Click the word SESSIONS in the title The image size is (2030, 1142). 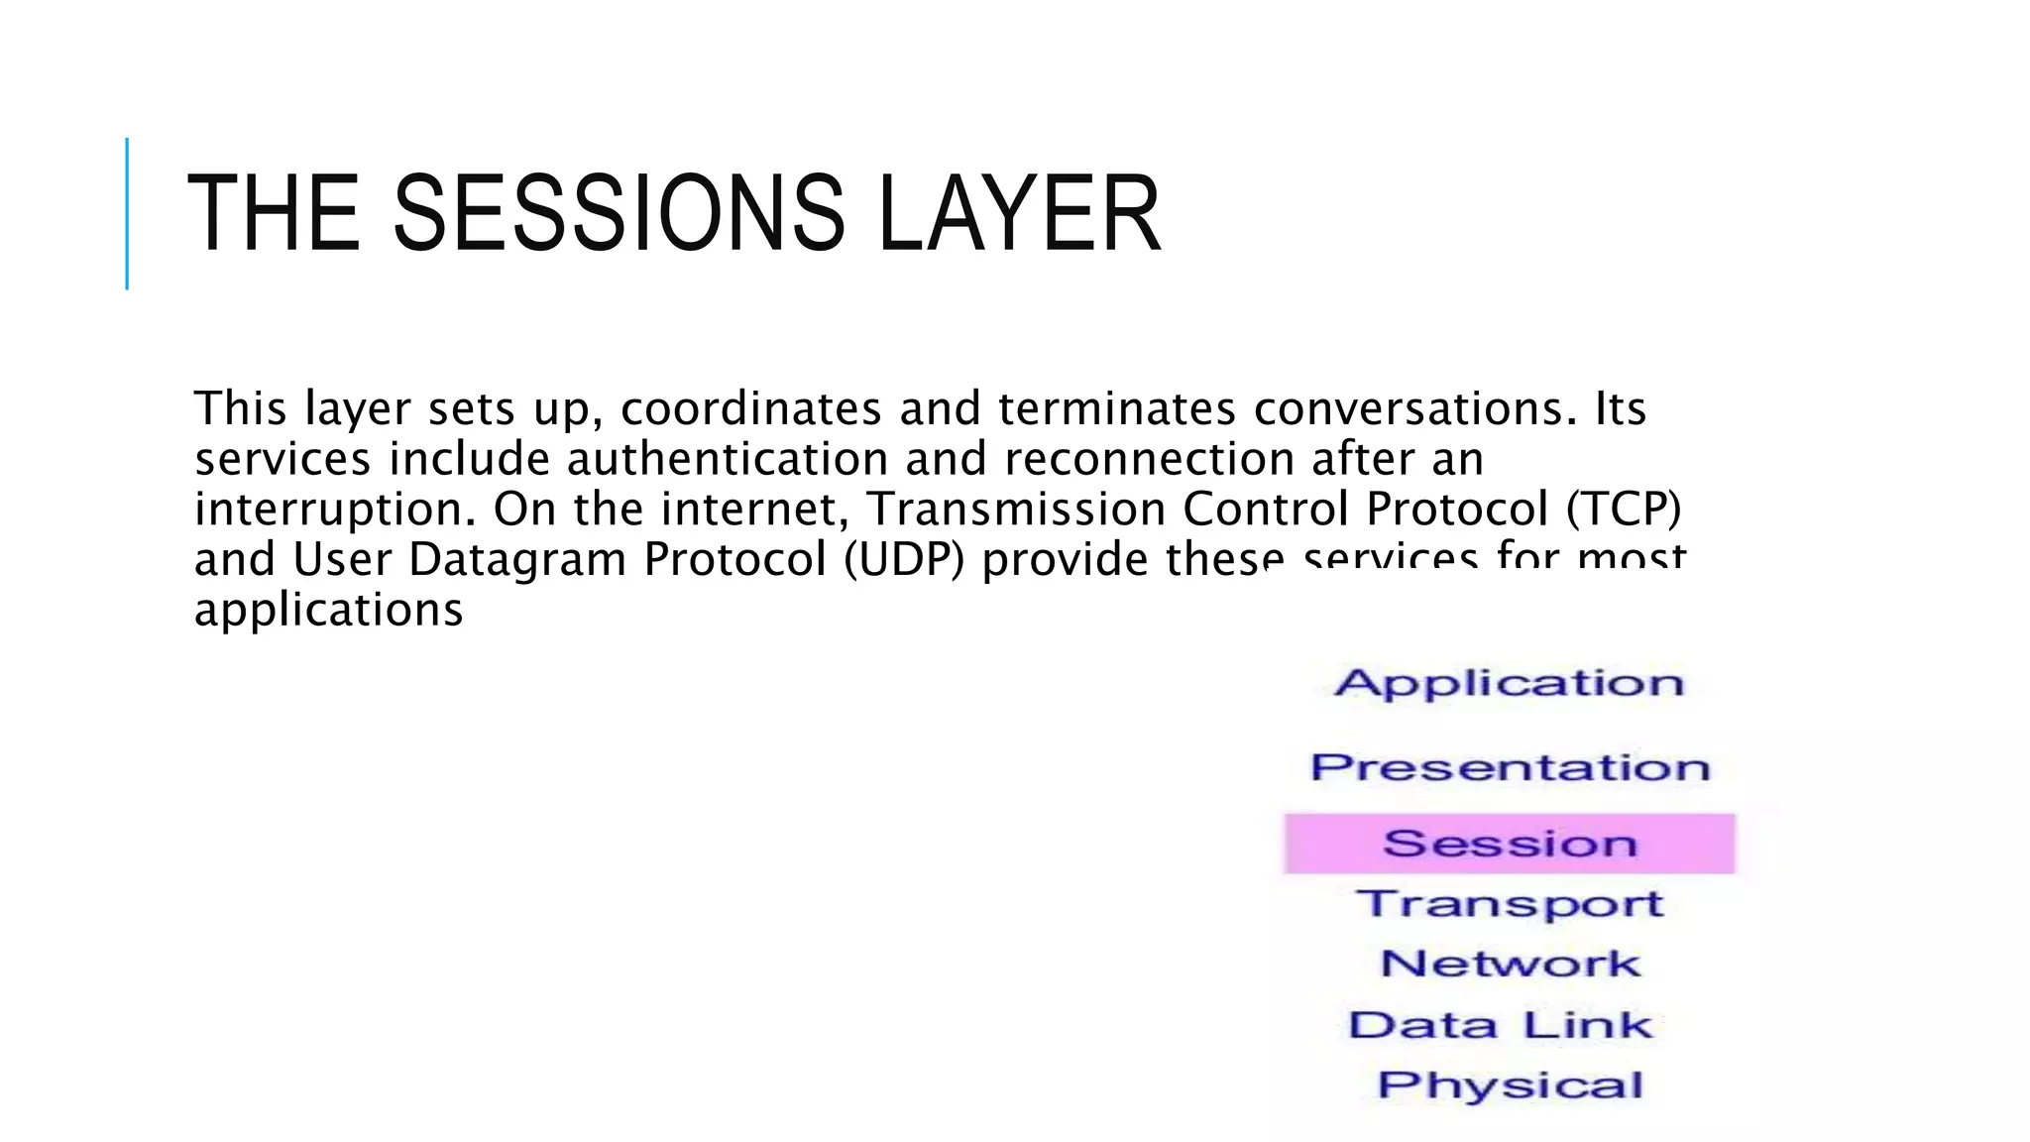pos(619,214)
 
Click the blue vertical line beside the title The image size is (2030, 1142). pos(127,214)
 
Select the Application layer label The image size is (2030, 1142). pos(1509,683)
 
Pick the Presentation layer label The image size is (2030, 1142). pos(1510,767)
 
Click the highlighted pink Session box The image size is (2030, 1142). pos(1510,844)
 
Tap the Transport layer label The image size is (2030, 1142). pos(1510,904)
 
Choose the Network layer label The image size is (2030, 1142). pos(1510,964)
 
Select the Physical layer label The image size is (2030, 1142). pos(1510,1085)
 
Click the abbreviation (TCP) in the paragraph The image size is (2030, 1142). pos(1624,510)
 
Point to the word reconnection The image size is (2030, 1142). pos(1149,460)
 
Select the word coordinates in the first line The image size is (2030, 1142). pos(750,409)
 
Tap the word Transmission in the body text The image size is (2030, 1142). pos(1017,510)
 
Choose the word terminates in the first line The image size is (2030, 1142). pos(1117,409)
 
